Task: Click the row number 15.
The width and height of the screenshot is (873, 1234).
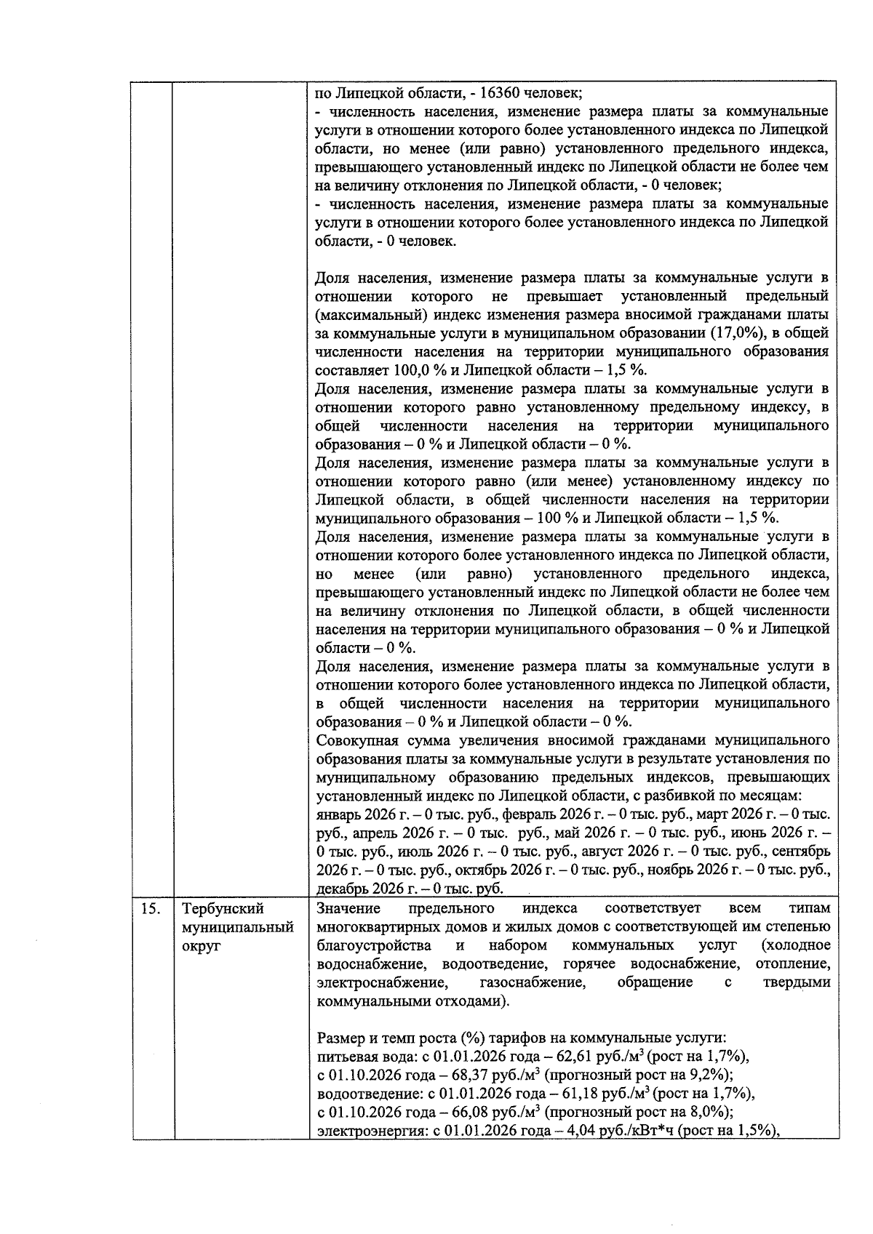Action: [x=149, y=909]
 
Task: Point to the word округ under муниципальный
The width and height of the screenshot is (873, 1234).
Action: [x=201, y=947]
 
